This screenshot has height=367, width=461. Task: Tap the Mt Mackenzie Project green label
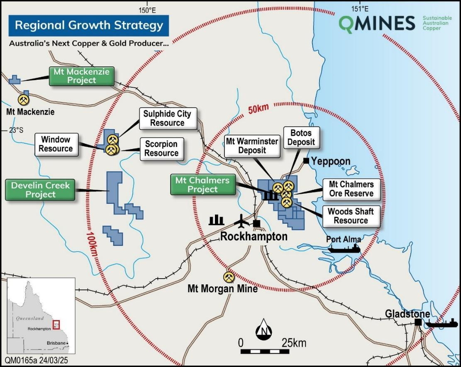(82, 76)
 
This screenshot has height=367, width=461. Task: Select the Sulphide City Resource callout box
(167, 118)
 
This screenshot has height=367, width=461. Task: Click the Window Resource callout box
(56, 144)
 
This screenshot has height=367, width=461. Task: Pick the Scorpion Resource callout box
(161, 149)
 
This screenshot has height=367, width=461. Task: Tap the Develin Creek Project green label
(41, 190)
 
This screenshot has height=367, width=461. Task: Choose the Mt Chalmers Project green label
(202, 184)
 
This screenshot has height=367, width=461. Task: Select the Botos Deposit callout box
(301, 137)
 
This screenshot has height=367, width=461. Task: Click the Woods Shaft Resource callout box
(351, 216)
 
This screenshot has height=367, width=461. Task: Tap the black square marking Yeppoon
(306, 161)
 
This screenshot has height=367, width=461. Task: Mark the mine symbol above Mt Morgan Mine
(229, 277)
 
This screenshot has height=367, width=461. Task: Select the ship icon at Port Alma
(344, 248)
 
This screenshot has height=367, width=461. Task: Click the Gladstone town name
(407, 314)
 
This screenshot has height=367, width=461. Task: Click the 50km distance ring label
(256, 109)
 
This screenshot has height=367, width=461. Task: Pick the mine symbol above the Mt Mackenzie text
(23, 100)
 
